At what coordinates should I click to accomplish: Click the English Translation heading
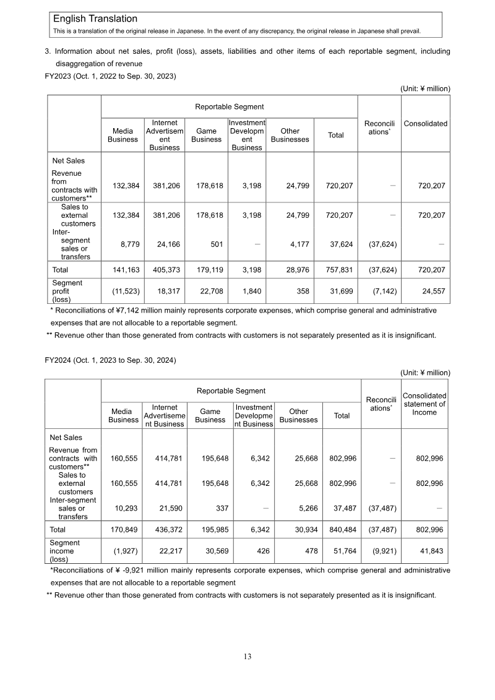click(95, 19)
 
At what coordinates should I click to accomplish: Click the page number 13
click(247, 657)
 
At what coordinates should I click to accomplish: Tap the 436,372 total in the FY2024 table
click(164, 530)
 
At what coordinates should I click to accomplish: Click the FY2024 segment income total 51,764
click(342, 551)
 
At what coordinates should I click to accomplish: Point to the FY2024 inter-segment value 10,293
click(124, 508)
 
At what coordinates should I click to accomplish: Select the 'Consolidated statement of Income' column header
click(424, 404)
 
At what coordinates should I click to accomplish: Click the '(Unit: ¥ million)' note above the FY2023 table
click(425, 89)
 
